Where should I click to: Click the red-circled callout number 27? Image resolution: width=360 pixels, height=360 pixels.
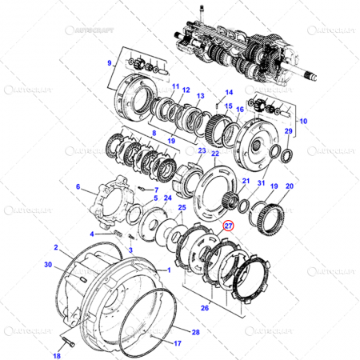[x=229, y=226]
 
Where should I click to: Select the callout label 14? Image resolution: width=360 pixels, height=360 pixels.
[x=228, y=92]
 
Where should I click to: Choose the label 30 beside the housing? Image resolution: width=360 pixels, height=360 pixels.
[x=48, y=264]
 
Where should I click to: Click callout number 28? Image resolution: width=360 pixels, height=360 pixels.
[x=197, y=332]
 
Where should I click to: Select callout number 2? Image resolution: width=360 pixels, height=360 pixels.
[x=55, y=248]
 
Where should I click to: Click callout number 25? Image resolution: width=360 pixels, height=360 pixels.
[x=182, y=208]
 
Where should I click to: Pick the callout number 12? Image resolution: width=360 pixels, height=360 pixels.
[x=185, y=90]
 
